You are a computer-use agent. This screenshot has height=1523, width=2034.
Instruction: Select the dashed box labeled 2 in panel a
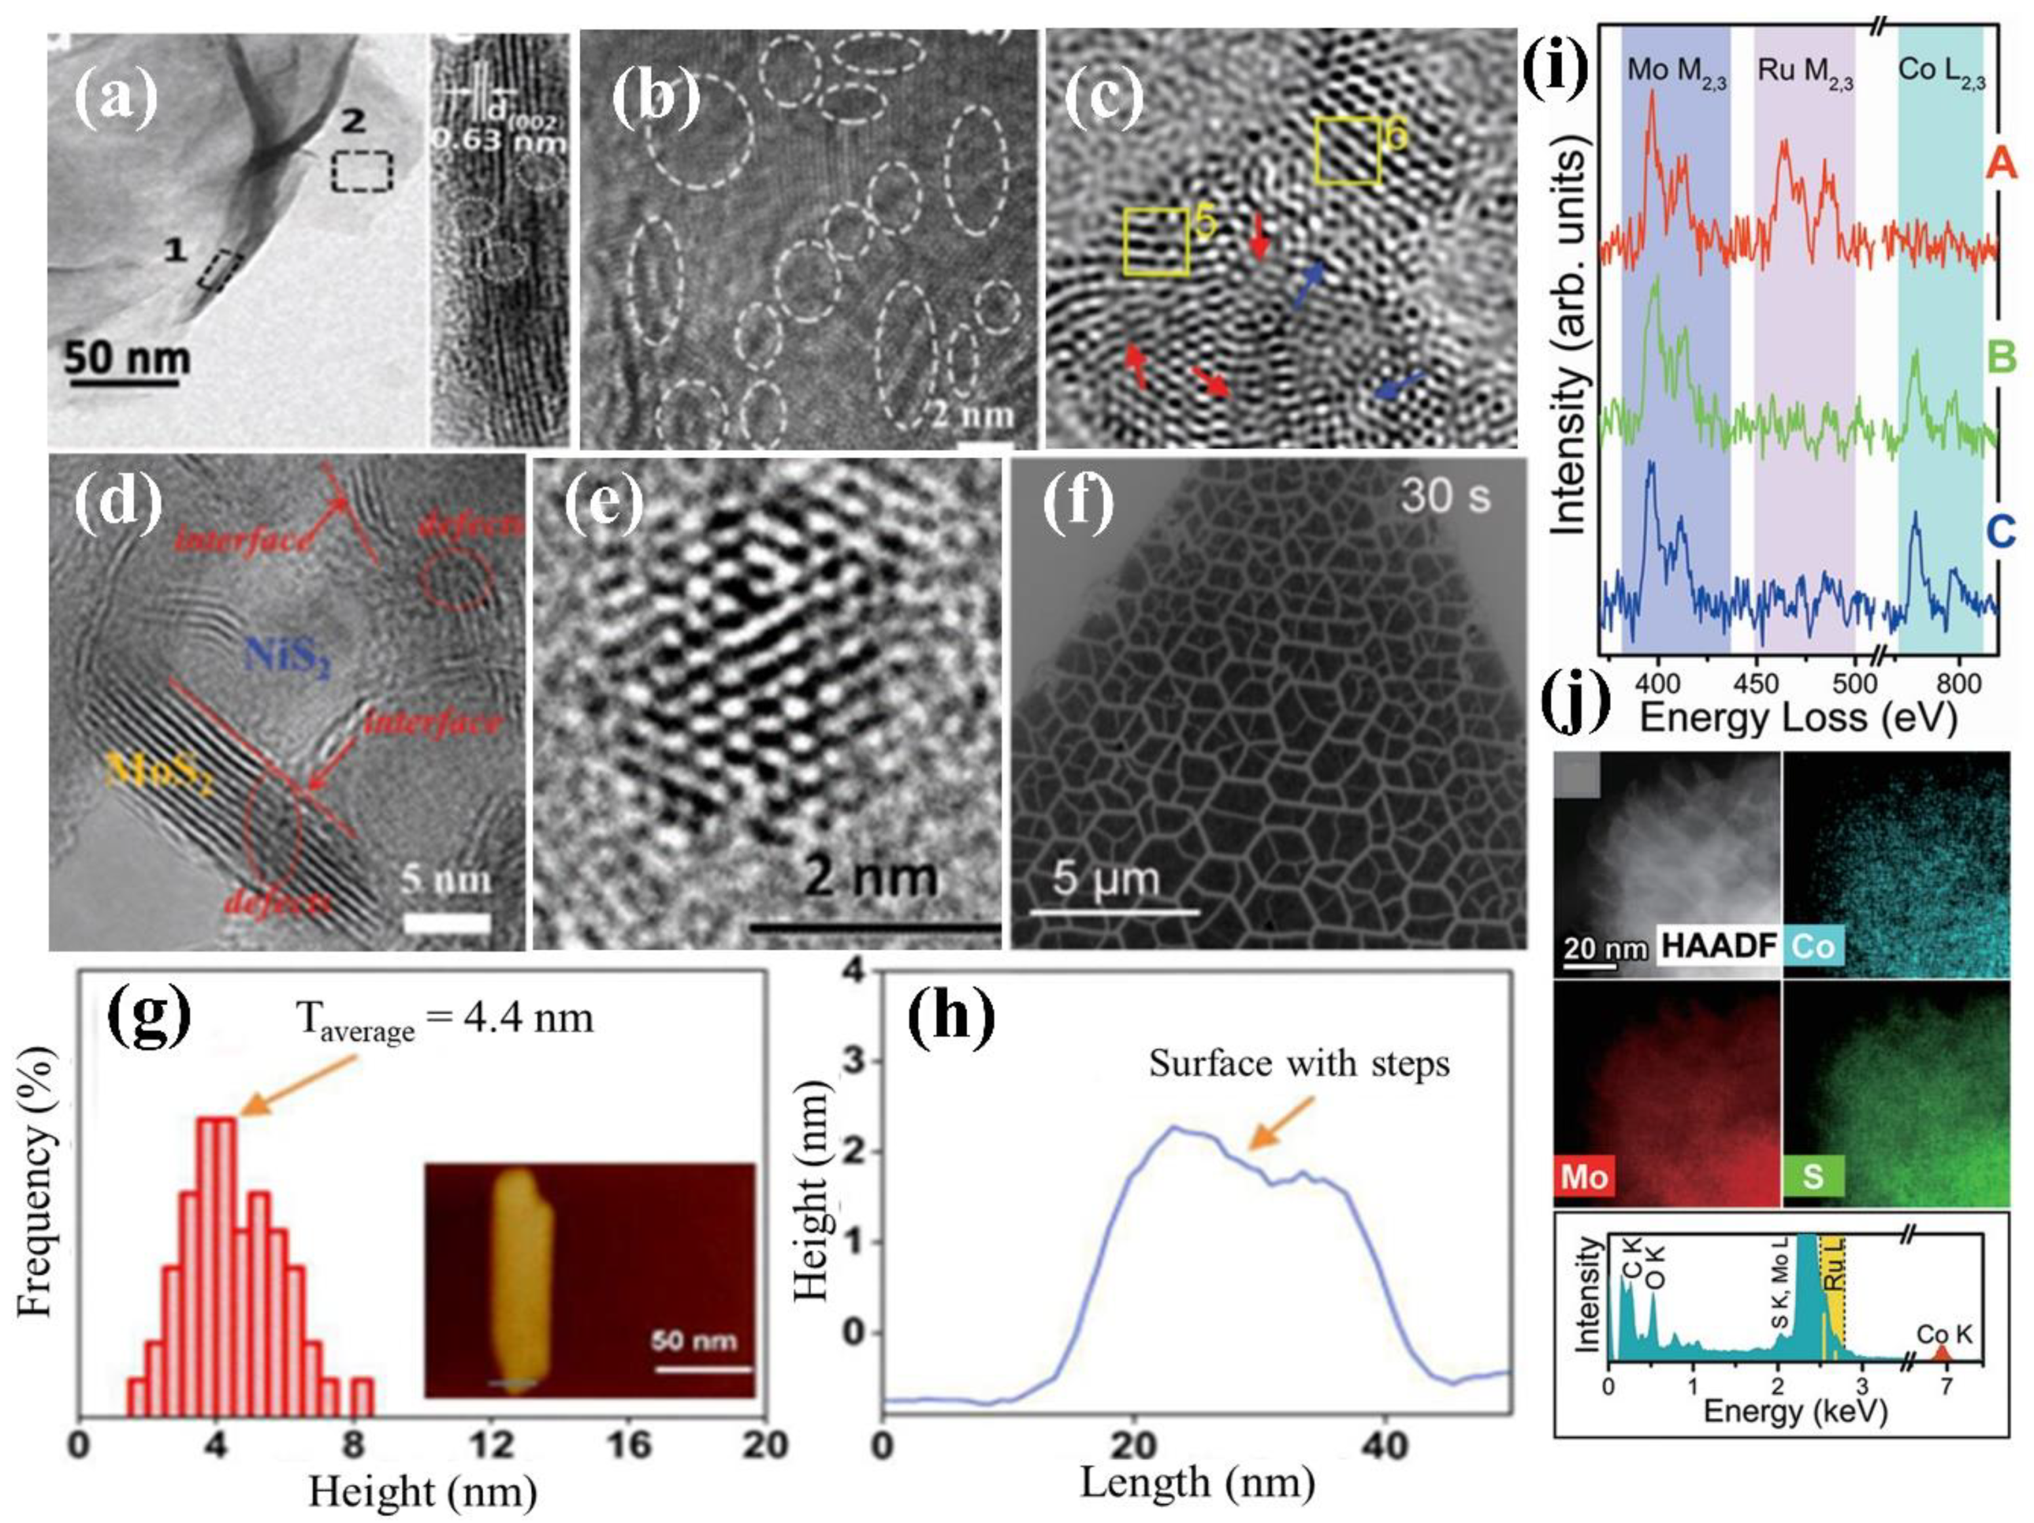(x=361, y=172)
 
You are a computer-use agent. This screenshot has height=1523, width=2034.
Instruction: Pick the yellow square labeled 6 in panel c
(x=1348, y=150)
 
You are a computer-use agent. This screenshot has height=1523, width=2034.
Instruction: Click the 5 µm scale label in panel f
(x=1105, y=878)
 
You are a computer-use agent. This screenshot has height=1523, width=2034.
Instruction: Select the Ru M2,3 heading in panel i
(x=1805, y=72)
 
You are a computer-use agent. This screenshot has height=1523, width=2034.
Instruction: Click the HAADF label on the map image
(x=1718, y=946)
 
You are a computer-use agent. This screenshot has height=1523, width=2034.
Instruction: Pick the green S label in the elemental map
(x=1812, y=1177)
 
